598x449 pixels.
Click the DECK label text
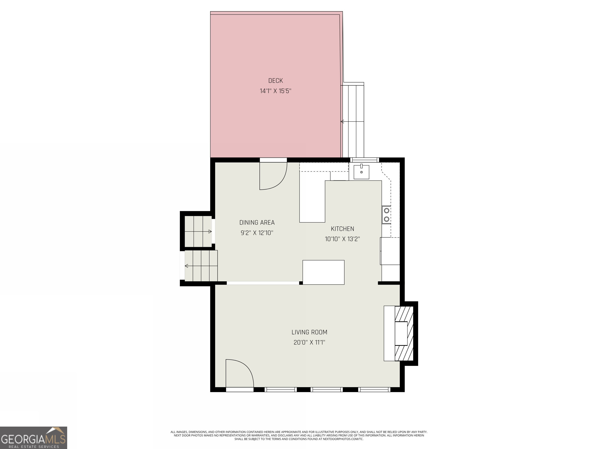(x=275, y=81)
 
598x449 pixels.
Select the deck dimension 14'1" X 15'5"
(x=275, y=91)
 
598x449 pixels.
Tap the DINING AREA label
(x=257, y=223)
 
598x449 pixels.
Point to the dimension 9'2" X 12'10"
(x=257, y=233)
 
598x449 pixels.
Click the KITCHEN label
(x=342, y=229)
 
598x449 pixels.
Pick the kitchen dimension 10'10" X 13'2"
(x=342, y=239)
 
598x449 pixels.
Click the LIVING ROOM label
(x=309, y=332)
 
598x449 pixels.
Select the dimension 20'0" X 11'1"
(x=309, y=342)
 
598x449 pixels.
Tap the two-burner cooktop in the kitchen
(x=386, y=215)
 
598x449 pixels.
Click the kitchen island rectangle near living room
(x=323, y=272)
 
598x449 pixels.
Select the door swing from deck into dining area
(x=273, y=176)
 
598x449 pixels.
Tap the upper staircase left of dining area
(x=198, y=231)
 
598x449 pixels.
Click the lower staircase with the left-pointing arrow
(x=201, y=266)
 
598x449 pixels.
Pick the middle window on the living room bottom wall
(x=327, y=389)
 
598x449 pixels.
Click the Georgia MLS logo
(x=33, y=438)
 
